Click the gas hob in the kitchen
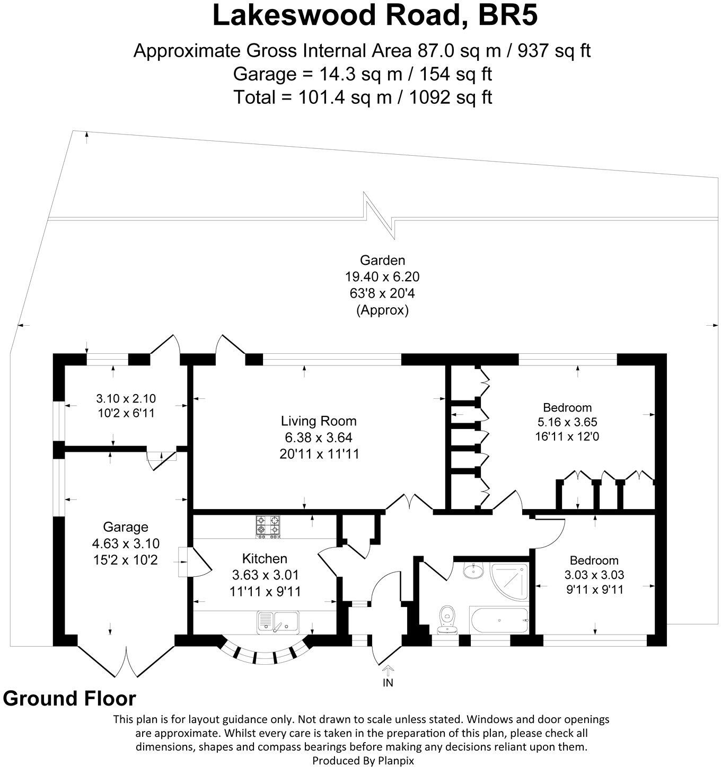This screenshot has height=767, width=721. coord(268,527)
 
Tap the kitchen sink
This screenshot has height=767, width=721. coord(278,622)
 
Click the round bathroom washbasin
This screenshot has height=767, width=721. coord(471,571)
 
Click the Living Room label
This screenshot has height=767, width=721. coord(319,421)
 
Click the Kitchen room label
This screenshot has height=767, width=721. coord(265,558)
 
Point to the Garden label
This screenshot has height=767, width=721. coord(382,260)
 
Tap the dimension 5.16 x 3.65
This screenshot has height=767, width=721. coord(567,422)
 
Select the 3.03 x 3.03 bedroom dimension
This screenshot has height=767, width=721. coord(594,575)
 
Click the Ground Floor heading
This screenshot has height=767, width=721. coord(69,699)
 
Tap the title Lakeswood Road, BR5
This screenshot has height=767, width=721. coord(375,16)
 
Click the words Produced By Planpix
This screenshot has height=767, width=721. coord(363,760)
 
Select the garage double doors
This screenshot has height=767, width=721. coord(127,659)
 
